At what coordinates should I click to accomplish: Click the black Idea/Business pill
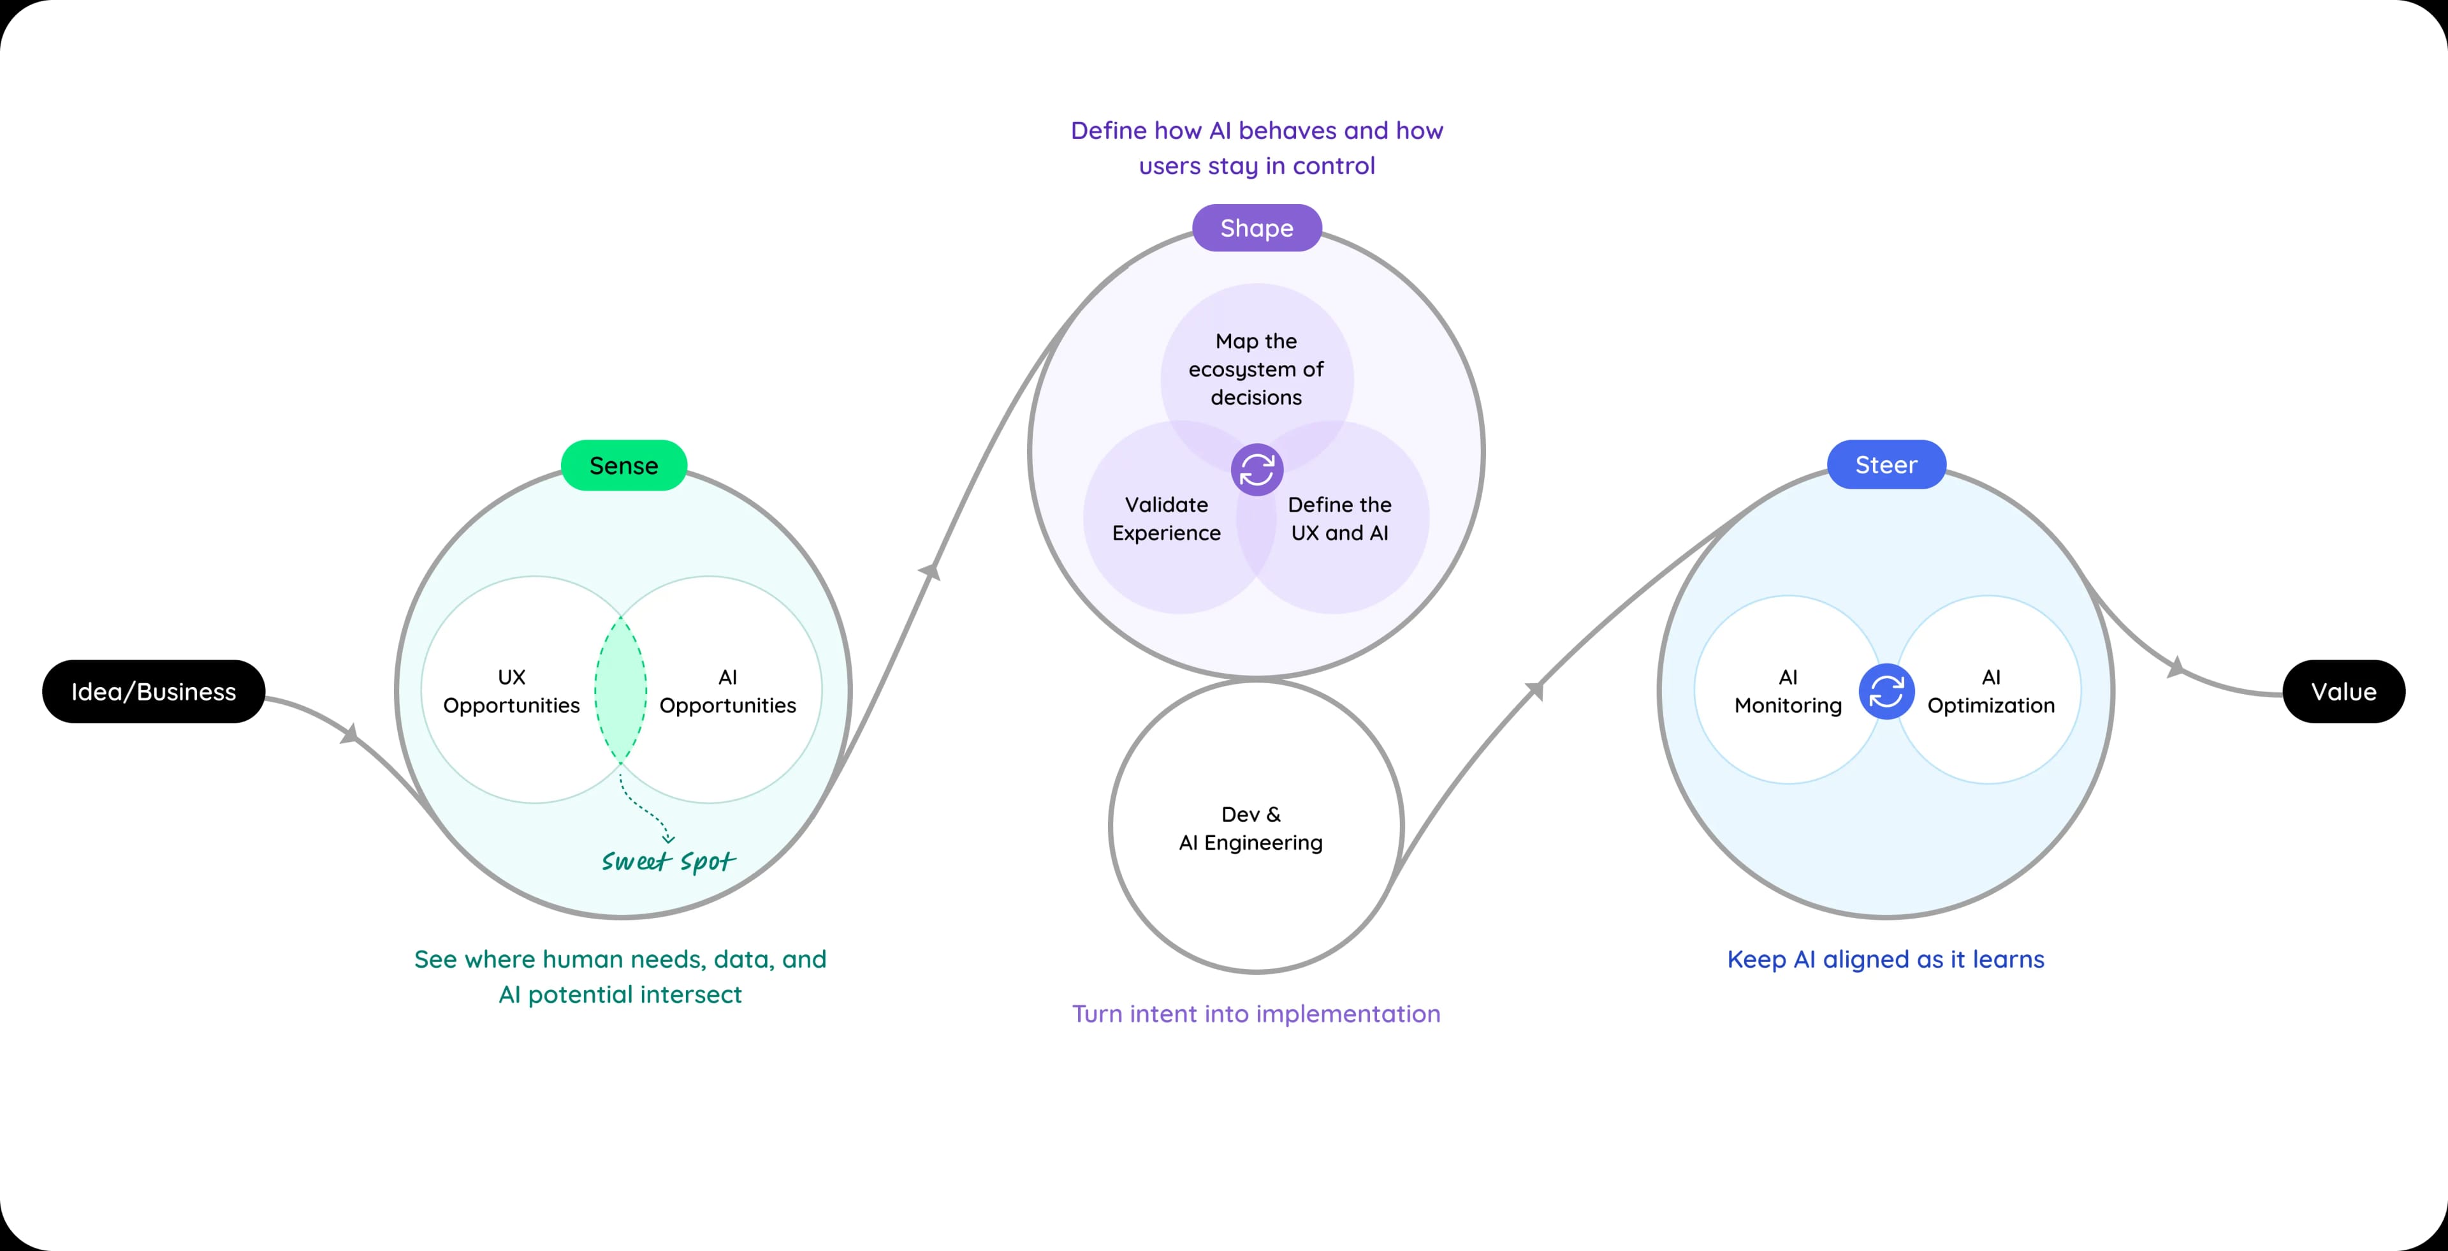[153, 691]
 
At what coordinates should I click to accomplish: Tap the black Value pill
[2343, 691]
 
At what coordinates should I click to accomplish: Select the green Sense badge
[623, 465]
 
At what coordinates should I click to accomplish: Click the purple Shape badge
[1257, 228]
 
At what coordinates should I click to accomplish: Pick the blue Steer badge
[1886, 465]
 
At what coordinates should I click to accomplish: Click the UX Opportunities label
[511, 691]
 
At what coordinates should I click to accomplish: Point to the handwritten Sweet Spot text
[668, 861]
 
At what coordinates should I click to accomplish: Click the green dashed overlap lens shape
[620, 689]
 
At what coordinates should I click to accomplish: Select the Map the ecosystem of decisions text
[1257, 369]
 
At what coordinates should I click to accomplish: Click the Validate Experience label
[1166, 518]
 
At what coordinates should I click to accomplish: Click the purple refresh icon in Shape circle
[1257, 470]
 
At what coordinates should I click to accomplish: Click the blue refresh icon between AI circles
[1886, 691]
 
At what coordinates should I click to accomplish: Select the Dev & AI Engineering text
[1251, 828]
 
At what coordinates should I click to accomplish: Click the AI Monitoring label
[1788, 691]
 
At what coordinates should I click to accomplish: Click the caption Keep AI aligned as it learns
[1886, 959]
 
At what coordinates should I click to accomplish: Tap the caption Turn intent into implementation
[1257, 1013]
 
